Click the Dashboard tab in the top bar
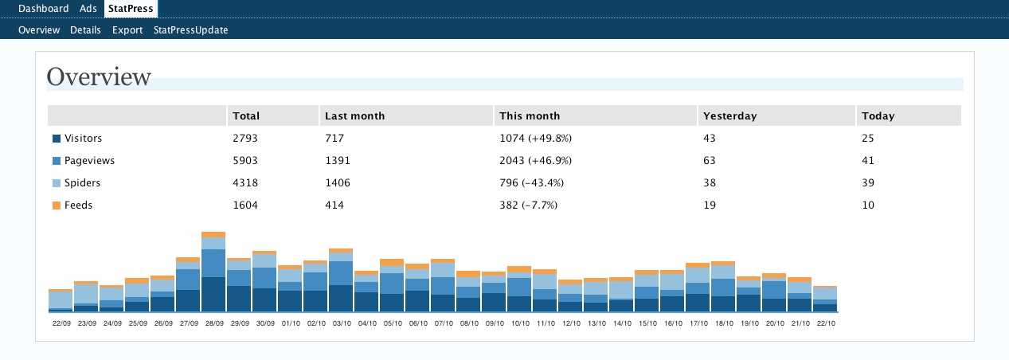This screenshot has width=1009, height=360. [43, 9]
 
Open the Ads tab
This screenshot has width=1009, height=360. [88, 9]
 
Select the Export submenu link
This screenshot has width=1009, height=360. [127, 30]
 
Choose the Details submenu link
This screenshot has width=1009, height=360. [85, 30]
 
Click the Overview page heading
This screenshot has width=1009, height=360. [99, 77]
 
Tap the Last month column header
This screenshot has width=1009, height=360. [354, 115]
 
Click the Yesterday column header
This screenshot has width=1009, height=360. [729, 115]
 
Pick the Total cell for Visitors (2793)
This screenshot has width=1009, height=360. [245, 138]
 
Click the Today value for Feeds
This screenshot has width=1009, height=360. [868, 205]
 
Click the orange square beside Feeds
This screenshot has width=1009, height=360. [57, 205]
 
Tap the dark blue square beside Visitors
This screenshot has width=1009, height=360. [57, 139]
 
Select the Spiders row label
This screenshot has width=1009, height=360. [82, 182]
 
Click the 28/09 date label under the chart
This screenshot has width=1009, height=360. [213, 323]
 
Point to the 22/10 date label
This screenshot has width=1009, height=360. [825, 323]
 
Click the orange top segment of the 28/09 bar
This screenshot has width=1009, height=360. [213, 234]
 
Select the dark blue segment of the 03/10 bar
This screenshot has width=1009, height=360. [341, 298]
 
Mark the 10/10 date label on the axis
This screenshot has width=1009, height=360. [519, 323]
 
